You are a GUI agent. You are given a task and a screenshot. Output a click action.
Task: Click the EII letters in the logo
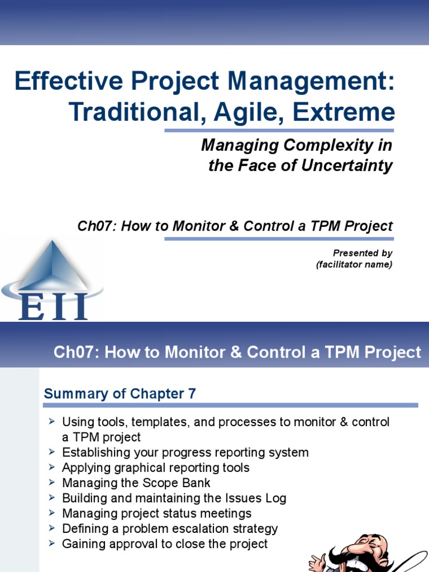pos(53,306)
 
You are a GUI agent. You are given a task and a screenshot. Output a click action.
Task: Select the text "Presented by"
pos(363,254)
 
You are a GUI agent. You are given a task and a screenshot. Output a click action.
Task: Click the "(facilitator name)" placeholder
pos(354,265)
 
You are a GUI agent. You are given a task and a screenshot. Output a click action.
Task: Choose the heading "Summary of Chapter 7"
pos(120,394)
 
